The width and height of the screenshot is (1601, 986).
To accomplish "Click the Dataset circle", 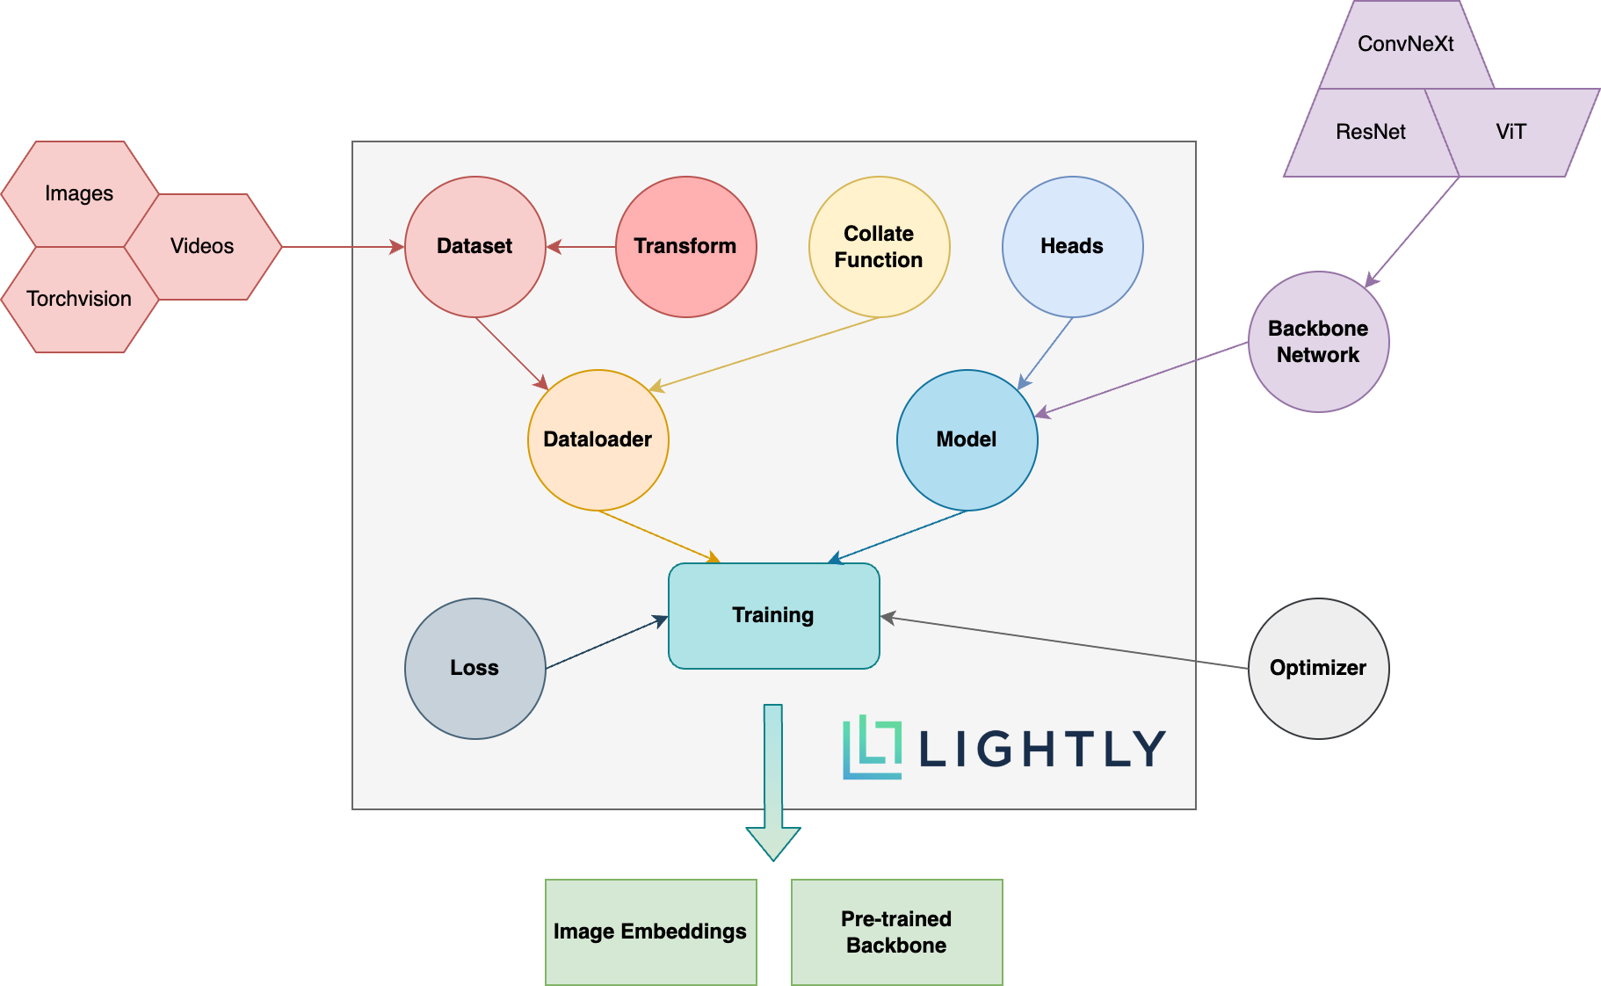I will (x=475, y=247).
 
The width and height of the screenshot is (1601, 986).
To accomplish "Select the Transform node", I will (x=685, y=247).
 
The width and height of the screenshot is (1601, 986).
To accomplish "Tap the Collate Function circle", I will (x=879, y=247).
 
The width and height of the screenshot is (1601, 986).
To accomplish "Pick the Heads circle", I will (x=1072, y=247).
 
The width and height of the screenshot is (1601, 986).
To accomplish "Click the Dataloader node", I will (x=598, y=439).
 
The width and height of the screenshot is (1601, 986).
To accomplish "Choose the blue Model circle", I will (x=967, y=439).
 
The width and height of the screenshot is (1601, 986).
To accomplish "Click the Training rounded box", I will (x=773, y=615).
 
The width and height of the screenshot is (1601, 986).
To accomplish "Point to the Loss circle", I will (x=475, y=669).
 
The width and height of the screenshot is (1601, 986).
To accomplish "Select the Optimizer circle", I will (x=1318, y=669).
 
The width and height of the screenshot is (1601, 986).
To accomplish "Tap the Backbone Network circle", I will (x=1318, y=342).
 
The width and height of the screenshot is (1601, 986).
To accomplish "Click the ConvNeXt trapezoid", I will (x=1406, y=45).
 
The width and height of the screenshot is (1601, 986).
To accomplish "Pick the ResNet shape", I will (x=1371, y=133).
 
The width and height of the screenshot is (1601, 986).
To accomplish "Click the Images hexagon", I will (x=79, y=193).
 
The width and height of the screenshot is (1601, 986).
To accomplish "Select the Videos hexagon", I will (x=202, y=247).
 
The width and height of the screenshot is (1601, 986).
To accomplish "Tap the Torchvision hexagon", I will (x=79, y=300).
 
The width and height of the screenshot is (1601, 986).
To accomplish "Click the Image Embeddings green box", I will (x=650, y=932).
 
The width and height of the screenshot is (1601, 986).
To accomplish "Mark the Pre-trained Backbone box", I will (x=896, y=932).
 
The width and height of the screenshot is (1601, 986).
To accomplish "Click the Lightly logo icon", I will (x=872, y=748).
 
